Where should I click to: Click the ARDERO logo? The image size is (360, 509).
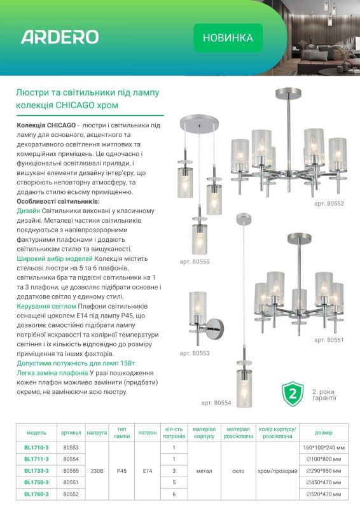click(60, 37)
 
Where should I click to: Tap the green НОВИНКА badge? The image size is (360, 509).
click(228, 38)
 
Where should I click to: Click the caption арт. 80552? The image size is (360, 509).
click(329, 204)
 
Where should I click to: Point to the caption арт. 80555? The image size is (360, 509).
click(195, 261)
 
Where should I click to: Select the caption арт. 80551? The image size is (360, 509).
click(329, 340)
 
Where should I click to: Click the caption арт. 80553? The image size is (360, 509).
click(195, 353)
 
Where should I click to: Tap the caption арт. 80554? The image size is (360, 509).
click(216, 403)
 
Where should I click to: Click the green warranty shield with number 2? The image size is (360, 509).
click(293, 394)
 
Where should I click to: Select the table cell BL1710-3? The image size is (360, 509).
click(36, 448)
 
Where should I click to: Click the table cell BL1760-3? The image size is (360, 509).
click(36, 494)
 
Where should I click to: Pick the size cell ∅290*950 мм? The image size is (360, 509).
click(324, 471)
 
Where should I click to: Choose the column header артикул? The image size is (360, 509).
click(71, 433)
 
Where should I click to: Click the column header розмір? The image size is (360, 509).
click(324, 433)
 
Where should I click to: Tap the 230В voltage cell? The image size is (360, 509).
click(97, 471)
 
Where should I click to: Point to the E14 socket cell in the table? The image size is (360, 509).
click(148, 471)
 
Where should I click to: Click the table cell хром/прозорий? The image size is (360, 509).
click(277, 471)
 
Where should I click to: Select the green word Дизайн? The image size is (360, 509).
click(28, 211)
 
